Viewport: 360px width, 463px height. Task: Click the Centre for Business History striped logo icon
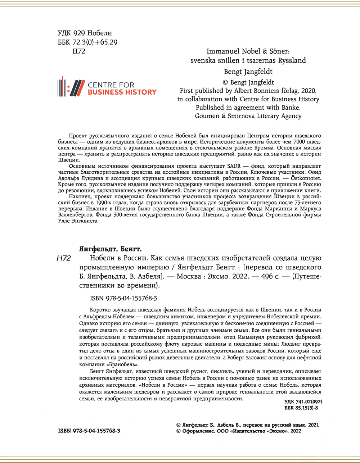pyautogui.click(x=71, y=87)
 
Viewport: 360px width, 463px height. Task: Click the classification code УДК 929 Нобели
pyautogui.click(x=85, y=33)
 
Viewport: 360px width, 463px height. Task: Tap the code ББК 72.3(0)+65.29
pyautogui.click(x=87, y=42)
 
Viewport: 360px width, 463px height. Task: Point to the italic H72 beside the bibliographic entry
pyautogui.click(x=64, y=259)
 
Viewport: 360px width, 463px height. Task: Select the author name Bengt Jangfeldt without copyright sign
pyautogui.click(x=248, y=71)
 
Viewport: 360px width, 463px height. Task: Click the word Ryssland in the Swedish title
pyautogui.click(x=289, y=60)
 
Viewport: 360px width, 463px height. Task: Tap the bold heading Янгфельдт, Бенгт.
pyautogui.click(x=110, y=249)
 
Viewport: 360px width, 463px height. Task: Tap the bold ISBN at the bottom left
pyautogui.click(x=89, y=431)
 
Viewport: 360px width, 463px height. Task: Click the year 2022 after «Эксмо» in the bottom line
pyautogui.click(x=296, y=431)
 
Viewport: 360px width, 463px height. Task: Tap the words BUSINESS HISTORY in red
pyautogui.click(x=122, y=92)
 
